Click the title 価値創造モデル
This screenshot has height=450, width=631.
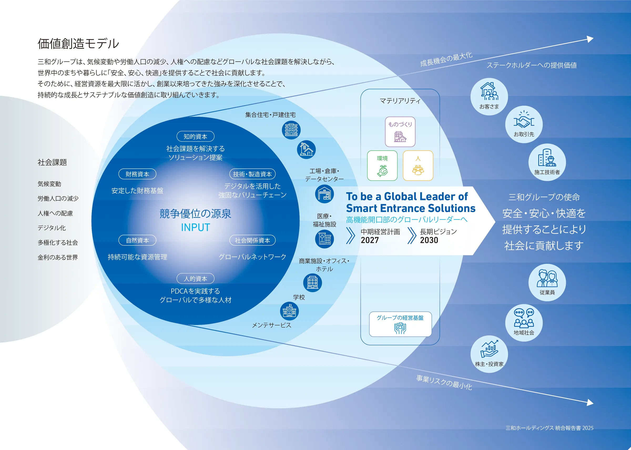78,44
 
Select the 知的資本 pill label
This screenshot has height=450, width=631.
195,136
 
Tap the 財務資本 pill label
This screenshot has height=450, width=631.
137,174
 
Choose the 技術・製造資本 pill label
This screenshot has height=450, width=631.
252,174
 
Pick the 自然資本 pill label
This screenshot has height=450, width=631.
137,240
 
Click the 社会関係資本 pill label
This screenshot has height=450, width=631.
252,240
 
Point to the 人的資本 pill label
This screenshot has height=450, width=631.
195,278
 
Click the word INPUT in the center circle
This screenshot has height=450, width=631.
195,227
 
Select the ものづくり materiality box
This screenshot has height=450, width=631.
400,132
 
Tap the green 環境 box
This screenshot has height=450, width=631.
382,166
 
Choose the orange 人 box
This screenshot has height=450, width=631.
418,166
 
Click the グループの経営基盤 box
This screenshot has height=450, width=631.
400,324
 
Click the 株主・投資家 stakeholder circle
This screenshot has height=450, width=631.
489,354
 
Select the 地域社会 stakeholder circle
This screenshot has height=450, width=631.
524,323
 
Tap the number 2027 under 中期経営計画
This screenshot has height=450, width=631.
370,240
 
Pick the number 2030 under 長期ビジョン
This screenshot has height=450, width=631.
429,240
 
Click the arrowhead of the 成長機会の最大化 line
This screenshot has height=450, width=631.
590,39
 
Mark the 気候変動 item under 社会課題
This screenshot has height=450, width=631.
49,184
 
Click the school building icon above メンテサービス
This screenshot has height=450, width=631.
289,311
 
